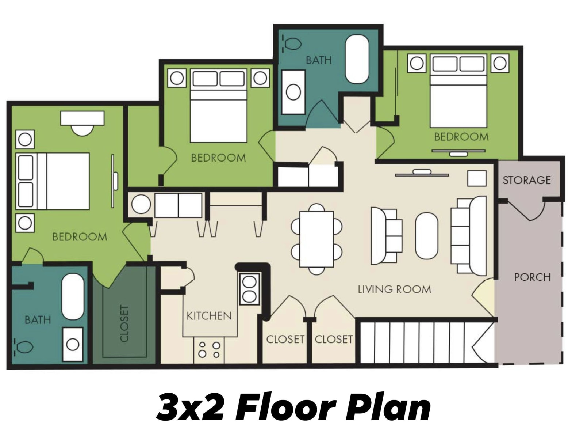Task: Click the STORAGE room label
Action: pyautogui.click(x=526, y=180)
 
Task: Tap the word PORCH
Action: pyautogui.click(x=532, y=277)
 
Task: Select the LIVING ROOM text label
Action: pyautogui.click(x=394, y=289)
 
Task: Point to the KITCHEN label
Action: pyautogui.click(x=209, y=316)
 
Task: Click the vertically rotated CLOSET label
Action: pyautogui.click(x=124, y=323)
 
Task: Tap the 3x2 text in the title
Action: pyautogui.click(x=190, y=407)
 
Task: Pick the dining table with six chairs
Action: pyautogui.click(x=316, y=239)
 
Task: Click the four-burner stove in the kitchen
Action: pyautogui.click(x=209, y=349)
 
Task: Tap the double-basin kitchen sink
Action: pyautogui.click(x=250, y=289)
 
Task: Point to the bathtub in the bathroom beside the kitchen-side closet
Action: pyautogui.click(x=73, y=297)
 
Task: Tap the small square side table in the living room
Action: pyautogui.click(x=477, y=178)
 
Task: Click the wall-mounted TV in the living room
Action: pyautogui.click(x=422, y=173)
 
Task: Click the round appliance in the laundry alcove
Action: pyautogui.click(x=141, y=204)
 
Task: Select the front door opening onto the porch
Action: pyautogui.click(x=484, y=295)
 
